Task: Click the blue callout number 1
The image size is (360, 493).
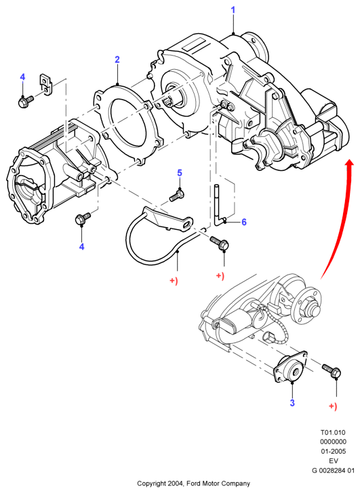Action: point(233,10)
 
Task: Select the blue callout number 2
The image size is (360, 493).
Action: point(117,60)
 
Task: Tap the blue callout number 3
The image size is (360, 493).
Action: point(292,403)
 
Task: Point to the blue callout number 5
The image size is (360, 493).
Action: point(180,173)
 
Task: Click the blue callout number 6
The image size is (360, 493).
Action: point(244,222)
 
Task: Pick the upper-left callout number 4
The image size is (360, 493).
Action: point(22,77)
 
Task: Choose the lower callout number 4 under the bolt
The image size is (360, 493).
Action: point(82,247)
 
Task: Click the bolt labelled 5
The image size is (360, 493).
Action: point(177,195)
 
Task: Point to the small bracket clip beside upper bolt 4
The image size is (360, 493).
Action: point(45,84)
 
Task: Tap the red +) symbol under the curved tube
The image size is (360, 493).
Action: point(174,280)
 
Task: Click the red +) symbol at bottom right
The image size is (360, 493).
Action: point(333,406)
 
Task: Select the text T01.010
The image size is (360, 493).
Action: point(333,433)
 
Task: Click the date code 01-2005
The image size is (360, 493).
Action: point(334,451)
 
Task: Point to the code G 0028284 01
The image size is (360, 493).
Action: point(333,471)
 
